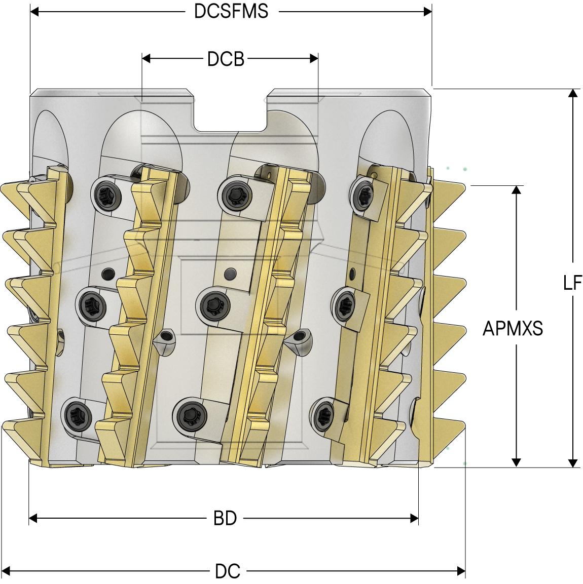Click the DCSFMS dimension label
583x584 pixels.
[231, 11]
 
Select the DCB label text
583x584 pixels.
[226, 59]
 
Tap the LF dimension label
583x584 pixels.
[573, 283]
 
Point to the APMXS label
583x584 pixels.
[513, 329]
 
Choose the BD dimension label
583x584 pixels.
[225, 519]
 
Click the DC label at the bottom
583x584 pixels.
[227, 572]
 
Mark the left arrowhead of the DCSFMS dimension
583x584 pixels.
[34, 11]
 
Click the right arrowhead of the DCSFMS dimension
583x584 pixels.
[428, 11]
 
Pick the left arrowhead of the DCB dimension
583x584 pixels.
[146, 59]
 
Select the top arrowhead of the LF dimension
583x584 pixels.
[573, 93]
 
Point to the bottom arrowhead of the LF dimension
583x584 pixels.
[573, 463]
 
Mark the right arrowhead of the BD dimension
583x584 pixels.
[414, 518]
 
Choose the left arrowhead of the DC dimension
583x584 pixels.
[6, 571]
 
